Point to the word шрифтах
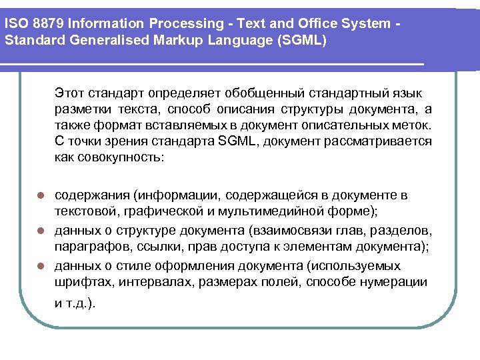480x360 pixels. click(79, 282)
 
